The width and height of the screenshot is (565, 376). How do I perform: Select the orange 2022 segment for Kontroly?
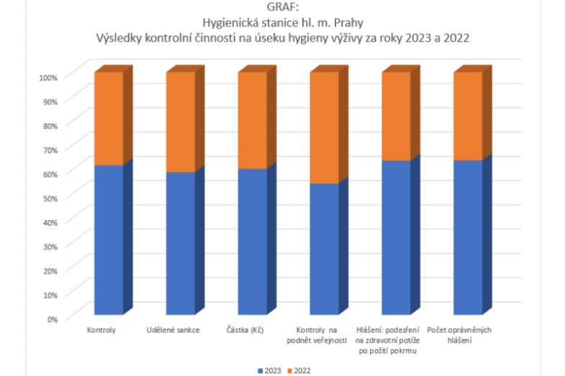point(108,119)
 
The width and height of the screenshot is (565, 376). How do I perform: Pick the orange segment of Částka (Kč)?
point(252,120)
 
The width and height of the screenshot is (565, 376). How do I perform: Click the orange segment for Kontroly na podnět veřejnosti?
point(324,127)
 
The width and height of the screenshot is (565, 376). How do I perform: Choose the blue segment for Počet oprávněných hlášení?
point(468,237)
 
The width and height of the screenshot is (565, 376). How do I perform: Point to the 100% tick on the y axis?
point(49,77)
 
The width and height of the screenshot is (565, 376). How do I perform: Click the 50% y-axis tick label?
point(50,197)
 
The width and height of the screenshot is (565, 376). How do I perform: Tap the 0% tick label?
point(53,318)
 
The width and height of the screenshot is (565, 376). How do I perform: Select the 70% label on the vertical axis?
point(50,149)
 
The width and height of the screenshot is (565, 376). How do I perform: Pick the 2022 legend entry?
point(299,370)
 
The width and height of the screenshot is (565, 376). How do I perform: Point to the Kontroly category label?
point(101,329)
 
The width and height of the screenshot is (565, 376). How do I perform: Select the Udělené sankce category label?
point(173,329)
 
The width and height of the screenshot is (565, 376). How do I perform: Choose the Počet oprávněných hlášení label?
point(461,334)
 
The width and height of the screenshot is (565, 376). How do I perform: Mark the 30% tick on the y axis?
point(50,245)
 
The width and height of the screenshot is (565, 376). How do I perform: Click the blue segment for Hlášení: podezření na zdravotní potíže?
point(396,237)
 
